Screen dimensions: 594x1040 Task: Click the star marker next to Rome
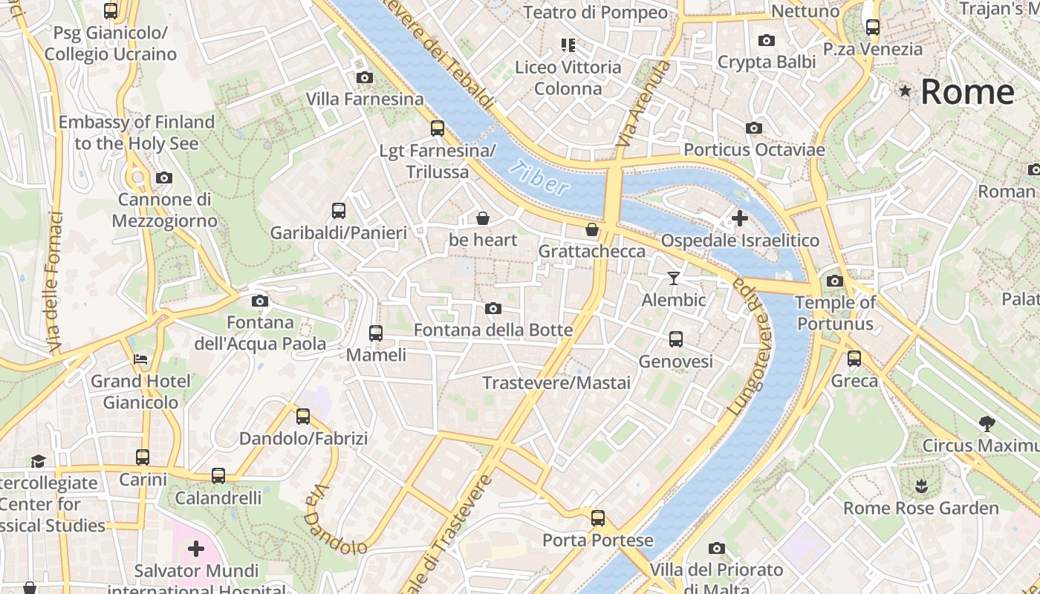click(x=905, y=91)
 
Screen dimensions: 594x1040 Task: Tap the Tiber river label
click(x=541, y=178)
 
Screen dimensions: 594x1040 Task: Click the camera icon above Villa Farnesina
click(x=364, y=77)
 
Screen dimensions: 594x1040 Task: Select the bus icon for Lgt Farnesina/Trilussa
click(x=438, y=128)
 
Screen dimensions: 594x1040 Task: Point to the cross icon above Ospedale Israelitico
click(x=739, y=218)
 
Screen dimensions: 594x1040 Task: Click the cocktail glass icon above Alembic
click(x=673, y=278)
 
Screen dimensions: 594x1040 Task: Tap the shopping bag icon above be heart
click(x=483, y=218)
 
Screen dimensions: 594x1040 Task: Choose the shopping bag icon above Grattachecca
click(x=591, y=229)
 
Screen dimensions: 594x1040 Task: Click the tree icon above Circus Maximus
click(x=987, y=424)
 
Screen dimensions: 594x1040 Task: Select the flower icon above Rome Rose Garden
click(x=921, y=487)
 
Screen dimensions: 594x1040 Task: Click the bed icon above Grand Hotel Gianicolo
click(x=140, y=359)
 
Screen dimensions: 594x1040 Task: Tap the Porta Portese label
click(x=598, y=540)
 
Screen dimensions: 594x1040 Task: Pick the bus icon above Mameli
click(x=376, y=333)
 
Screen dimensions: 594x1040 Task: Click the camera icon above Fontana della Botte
click(x=493, y=309)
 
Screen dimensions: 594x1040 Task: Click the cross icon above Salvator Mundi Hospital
click(x=196, y=549)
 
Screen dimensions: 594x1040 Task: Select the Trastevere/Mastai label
click(x=556, y=382)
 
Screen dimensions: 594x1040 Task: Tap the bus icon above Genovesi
click(x=675, y=339)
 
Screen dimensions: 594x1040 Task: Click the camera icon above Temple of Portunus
click(x=834, y=281)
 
